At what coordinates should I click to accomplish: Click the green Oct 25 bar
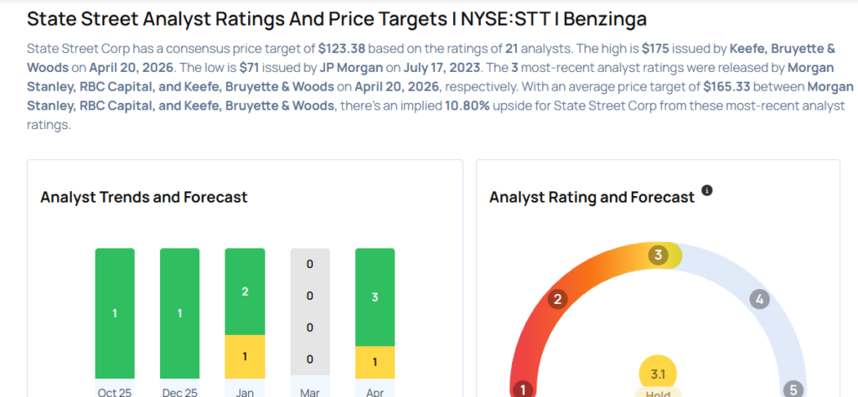click(115, 312)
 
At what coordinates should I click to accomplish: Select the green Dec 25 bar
click(179, 312)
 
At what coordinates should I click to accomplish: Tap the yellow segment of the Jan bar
click(245, 357)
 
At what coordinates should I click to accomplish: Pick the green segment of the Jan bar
click(245, 292)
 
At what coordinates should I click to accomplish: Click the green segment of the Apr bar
click(375, 297)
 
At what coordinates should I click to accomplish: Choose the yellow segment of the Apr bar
click(375, 362)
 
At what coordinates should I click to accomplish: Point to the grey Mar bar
click(309, 312)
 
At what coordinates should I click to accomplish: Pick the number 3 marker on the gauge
click(659, 255)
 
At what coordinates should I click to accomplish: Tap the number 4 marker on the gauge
click(759, 299)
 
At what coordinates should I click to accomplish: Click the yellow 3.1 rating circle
click(658, 374)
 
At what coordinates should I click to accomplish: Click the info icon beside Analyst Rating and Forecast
click(707, 191)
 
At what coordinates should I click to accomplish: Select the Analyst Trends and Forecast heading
click(143, 197)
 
